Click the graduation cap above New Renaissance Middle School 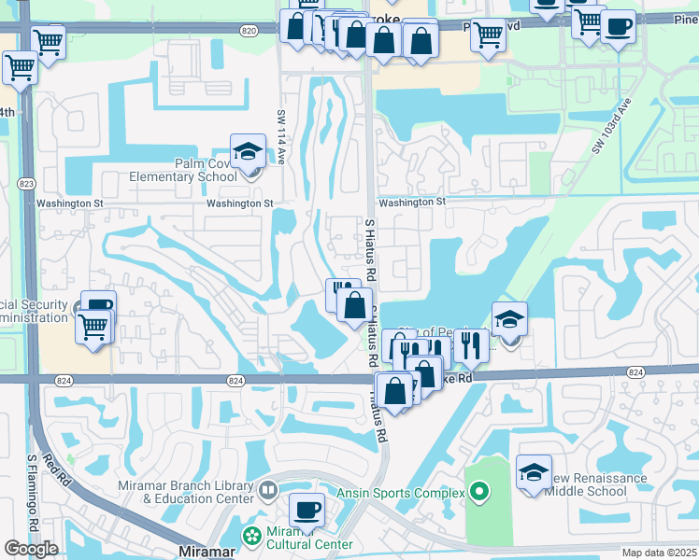(535, 471)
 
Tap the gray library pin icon (269, 489)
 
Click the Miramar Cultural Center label (308, 538)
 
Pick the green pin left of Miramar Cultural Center (250, 536)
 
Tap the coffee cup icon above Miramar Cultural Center (307, 511)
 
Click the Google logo (31, 549)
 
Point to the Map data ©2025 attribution (660, 553)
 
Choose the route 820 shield (248, 31)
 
